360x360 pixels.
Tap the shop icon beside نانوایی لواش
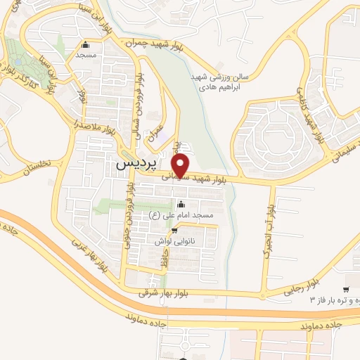coord(174,230)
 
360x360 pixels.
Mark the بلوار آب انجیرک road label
coord(269,233)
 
